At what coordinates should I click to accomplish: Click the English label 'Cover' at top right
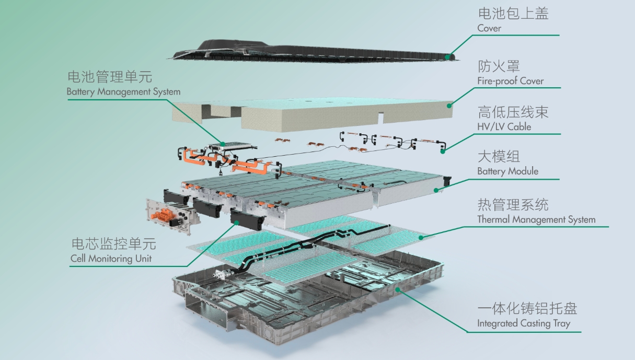click(x=489, y=28)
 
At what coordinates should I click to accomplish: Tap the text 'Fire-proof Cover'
click(x=510, y=81)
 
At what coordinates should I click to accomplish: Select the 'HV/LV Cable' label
click(x=504, y=126)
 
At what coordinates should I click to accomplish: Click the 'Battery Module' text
click(x=507, y=171)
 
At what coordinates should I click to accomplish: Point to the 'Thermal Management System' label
click(x=536, y=219)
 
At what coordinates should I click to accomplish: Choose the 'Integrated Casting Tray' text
click(x=524, y=323)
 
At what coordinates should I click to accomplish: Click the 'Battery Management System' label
click(x=123, y=91)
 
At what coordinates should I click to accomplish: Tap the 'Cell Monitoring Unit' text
click(x=111, y=258)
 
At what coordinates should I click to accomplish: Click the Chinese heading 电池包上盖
click(x=513, y=14)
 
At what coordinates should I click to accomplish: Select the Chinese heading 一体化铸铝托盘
click(x=527, y=308)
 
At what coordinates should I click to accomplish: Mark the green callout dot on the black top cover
click(x=447, y=57)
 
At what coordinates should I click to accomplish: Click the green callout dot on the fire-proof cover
click(x=449, y=106)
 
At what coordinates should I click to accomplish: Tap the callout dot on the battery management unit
click(x=223, y=144)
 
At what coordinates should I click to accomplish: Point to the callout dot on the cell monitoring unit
click(x=237, y=223)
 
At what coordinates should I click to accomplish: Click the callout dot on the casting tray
click(x=398, y=289)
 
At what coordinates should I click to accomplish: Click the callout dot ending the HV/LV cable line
click(x=443, y=152)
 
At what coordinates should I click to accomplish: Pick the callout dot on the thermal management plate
click(x=421, y=238)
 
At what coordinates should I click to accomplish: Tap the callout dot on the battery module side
click(x=436, y=190)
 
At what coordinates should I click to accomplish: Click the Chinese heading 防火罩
click(x=499, y=66)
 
